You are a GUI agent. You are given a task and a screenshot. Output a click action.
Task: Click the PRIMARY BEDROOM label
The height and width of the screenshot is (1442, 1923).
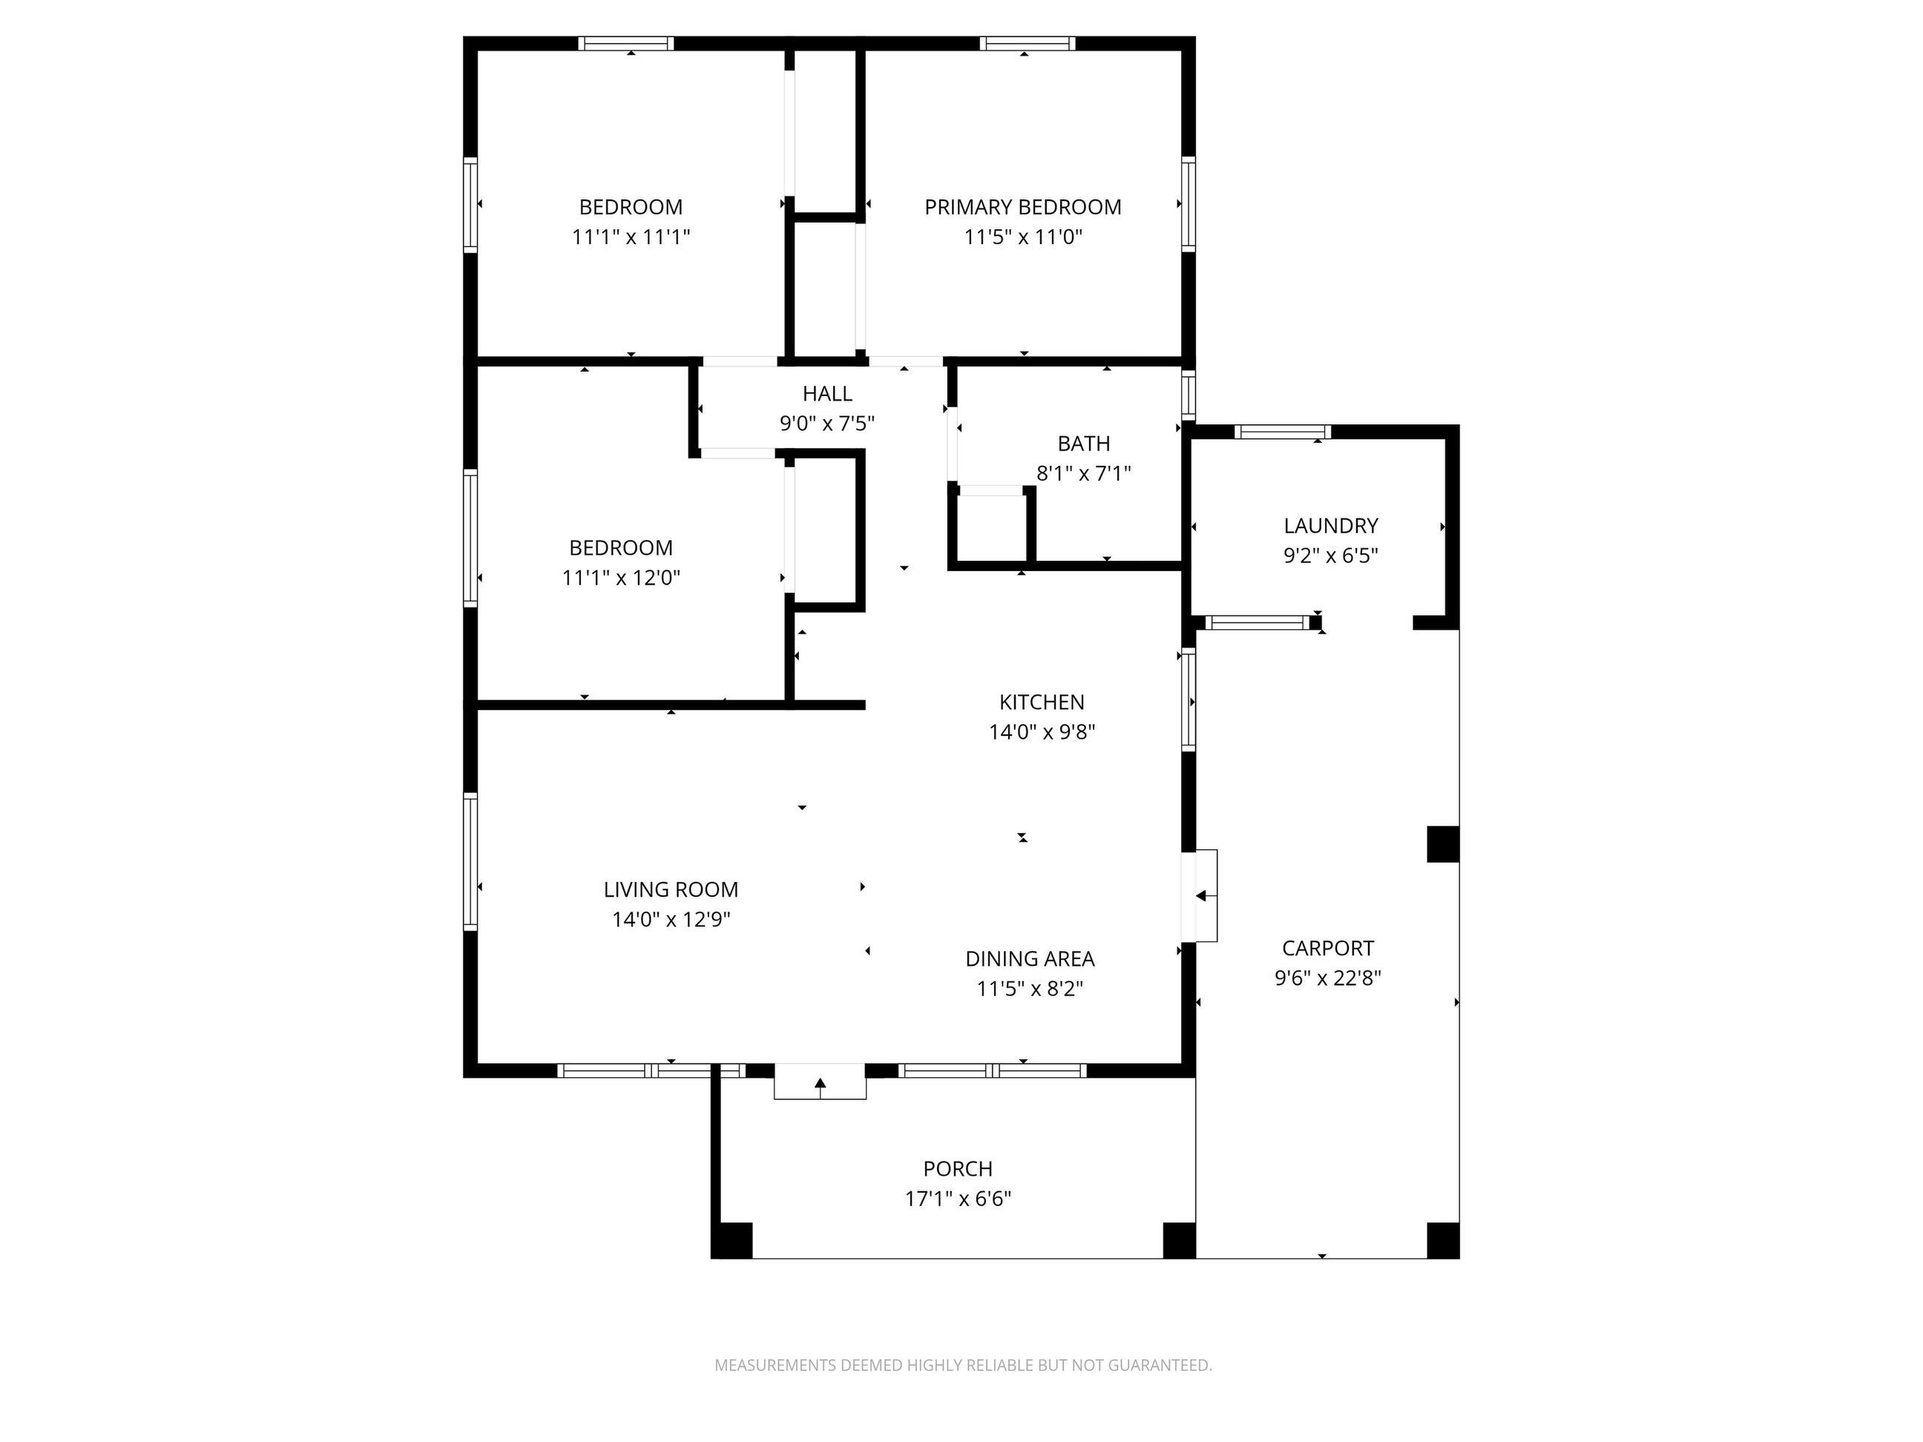coord(1022,207)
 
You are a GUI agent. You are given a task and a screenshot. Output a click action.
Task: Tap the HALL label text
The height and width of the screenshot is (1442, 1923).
coord(826,394)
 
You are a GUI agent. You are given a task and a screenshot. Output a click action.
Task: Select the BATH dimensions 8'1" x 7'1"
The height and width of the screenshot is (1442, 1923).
coord(1083,474)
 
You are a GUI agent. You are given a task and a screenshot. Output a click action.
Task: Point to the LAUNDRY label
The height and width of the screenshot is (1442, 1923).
coord(1330,526)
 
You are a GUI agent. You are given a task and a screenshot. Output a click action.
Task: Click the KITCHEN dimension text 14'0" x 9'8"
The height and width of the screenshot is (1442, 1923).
coord(1042,732)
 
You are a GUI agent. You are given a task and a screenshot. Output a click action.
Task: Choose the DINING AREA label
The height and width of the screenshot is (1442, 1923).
coord(1029,958)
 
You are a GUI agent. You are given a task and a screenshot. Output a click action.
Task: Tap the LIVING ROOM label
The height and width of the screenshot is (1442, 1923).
coord(670,889)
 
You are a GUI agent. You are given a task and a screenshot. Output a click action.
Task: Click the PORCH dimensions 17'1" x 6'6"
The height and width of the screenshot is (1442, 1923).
coord(958,1199)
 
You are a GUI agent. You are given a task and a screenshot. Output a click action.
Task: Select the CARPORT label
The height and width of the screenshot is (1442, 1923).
coord(1327,947)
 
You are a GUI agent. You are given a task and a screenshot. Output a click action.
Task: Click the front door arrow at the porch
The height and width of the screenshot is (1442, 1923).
coord(820,1083)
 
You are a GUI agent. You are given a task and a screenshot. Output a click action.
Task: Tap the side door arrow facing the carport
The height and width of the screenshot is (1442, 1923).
coord(1205,896)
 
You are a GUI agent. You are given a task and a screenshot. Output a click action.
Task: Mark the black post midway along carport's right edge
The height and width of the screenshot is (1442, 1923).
coord(1442,844)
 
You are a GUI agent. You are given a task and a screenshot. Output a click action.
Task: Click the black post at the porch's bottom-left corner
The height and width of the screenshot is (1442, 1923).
coord(732,1240)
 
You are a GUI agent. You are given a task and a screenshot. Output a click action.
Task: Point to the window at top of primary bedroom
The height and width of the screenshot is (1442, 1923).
coord(1027,44)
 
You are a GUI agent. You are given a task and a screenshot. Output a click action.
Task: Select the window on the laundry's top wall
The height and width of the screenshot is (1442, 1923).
coord(1282,431)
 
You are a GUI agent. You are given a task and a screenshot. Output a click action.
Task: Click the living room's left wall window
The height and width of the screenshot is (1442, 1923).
coord(470,860)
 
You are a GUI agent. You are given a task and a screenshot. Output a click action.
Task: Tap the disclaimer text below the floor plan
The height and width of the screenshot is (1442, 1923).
coord(962,1366)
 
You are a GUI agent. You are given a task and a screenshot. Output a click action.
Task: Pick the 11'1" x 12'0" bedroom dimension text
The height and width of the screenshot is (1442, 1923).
coord(621,577)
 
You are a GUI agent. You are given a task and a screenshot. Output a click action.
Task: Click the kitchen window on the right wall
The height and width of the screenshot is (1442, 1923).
coord(1189,700)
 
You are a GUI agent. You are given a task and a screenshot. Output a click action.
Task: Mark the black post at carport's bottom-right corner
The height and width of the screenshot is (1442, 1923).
coord(1442,1240)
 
